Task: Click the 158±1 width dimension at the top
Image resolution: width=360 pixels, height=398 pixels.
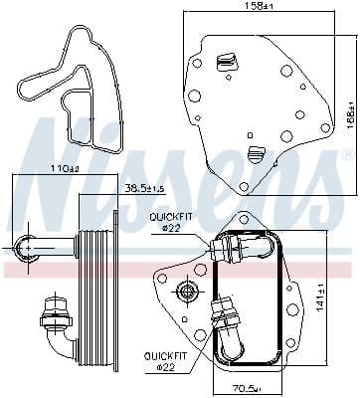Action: pyautogui.click(x=264, y=7)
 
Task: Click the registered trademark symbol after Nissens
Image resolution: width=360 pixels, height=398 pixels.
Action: pyautogui.click(x=346, y=156)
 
